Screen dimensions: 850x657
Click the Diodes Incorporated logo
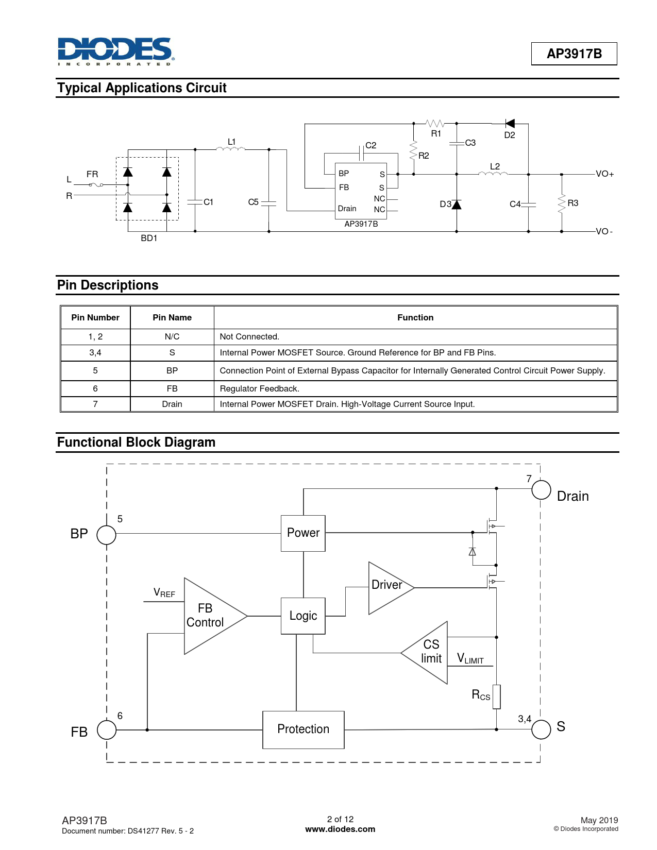pyautogui.click(x=115, y=51)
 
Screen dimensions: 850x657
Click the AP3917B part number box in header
pyautogui.click(x=574, y=54)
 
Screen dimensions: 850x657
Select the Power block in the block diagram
pyautogui.click(x=303, y=533)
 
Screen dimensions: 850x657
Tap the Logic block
pyautogui.click(x=303, y=616)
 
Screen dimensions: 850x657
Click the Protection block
pyautogui.click(x=303, y=729)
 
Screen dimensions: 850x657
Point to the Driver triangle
pyautogui.click(x=388, y=587)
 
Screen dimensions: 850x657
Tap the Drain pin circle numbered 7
pyautogui.click(x=541, y=489)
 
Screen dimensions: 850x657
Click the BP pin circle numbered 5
pyautogui.click(x=107, y=535)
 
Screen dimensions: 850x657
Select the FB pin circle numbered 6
pyautogui.click(x=107, y=730)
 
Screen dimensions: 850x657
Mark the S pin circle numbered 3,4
pyautogui.click(x=541, y=729)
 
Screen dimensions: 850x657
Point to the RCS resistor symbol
pyautogui.click(x=496, y=696)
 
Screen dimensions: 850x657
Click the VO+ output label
pyautogui.click(x=604, y=174)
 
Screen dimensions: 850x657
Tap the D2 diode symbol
pyautogui.click(x=510, y=124)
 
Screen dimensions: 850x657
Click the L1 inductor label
pyautogui.click(x=232, y=142)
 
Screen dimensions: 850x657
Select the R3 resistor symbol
pyautogui.click(x=562, y=203)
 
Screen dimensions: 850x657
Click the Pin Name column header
pyautogui.click(x=172, y=318)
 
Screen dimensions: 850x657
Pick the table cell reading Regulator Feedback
pyautogui.click(x=259, y=389)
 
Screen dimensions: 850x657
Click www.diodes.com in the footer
pyautogui.click(x=340, y=829)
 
